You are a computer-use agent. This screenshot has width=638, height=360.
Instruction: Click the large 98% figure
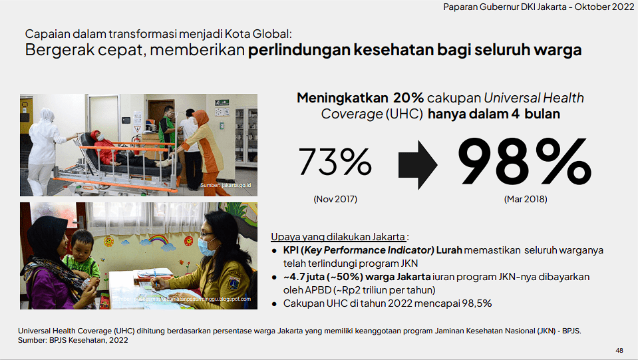tap(524, 162)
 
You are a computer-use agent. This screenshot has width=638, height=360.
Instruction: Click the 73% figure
tap(335, 162)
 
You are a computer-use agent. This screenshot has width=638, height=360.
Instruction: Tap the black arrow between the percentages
tap(418, 165)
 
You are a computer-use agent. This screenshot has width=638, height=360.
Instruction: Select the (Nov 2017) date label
tap(335, 200)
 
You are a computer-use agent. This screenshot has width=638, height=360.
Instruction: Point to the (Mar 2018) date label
tap(526, 200)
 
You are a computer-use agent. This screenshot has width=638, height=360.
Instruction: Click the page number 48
tap(619, 350)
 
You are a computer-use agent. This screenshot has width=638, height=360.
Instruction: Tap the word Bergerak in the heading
tap(52, 50)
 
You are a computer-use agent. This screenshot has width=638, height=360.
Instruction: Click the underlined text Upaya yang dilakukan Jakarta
tap(338, 237)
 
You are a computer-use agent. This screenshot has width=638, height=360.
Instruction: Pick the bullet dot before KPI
tap(275, 251)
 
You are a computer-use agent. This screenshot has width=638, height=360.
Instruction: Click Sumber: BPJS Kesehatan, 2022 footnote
tap(73, 341)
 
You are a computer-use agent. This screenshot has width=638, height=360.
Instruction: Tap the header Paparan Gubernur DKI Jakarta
tap(505, 7)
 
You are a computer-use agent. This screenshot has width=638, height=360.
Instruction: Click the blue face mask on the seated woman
tap(207, 246)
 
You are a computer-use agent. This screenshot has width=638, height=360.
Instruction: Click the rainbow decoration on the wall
tap(158, 240)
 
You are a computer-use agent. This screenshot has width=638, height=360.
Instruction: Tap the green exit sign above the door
tap(222, 102)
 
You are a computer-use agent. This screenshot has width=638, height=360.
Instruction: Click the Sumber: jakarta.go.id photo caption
tap(226, 186)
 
